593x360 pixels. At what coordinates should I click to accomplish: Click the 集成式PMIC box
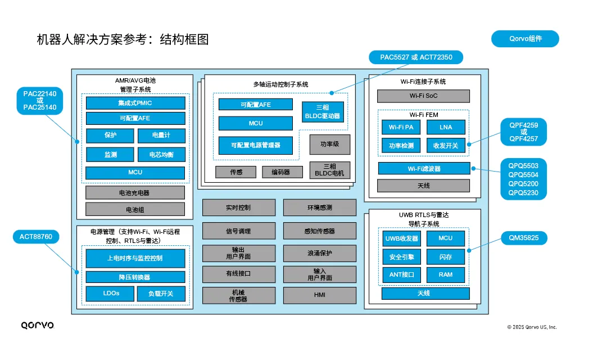pyautogui.click(x=135, y=103)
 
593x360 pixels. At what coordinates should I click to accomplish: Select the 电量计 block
pyautogui.click(x=161, y=136)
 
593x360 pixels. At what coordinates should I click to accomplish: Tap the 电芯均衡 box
pyautogui.click(x=161, y=154)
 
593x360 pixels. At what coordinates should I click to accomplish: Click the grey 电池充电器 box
pyautogui.click(x=135, y=192)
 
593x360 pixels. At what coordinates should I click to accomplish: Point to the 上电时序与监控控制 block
pyautogui.click(x=135, y=258)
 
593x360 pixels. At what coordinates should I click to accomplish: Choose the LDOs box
pyautogui.click(x=110, y=294)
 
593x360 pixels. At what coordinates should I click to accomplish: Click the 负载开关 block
pyautogui.click(x=161, y=294)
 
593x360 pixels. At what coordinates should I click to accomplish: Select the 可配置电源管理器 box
pyautogui.click(x=255, y=145)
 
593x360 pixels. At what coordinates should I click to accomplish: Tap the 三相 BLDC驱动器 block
pyautogui.click(x=322, y=112)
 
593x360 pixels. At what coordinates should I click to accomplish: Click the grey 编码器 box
pyautogui.click(x=282, y=172)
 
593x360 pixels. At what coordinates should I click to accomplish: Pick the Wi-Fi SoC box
pyautogui.click(x=423, y=96)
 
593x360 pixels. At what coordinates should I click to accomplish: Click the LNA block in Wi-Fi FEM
pyautogui.click(x=446, y=127)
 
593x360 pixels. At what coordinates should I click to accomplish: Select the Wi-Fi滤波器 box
pyautogui.click(x=423, y=168)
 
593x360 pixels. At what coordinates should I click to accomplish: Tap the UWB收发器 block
pyautogui.click(x=401, y=238)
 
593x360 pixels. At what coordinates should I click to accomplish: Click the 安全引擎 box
pyautogui.click(x=401, y=256)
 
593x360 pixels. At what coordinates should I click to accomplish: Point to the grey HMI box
pyautogui.click(x=320, y=295)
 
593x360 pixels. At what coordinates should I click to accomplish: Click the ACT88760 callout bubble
pyautogui.click(x=35, y=237)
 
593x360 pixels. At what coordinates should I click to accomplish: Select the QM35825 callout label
pyautogui.click(x=523, y=238)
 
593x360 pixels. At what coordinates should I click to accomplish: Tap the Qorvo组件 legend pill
pyautogui.click(x=525, y=39)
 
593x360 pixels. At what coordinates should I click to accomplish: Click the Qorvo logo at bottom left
pyautogui.click(x=37, y=325)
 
